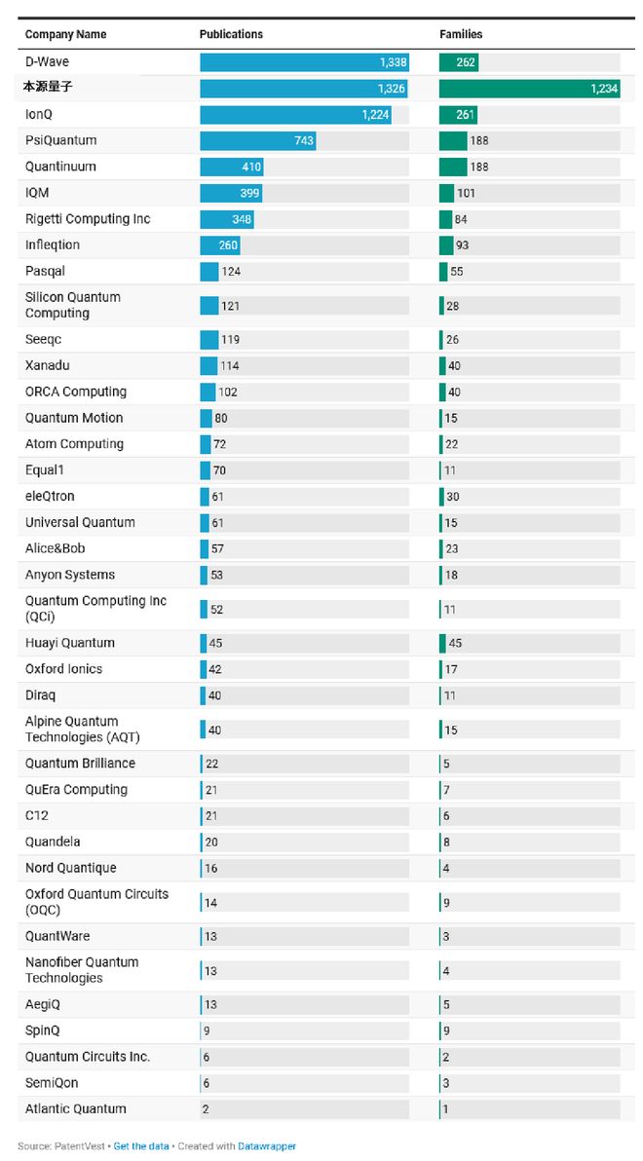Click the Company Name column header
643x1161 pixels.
[x=65, y=34]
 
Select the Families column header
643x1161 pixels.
[x=461, y=34]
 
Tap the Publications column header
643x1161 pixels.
[x=231, y=34]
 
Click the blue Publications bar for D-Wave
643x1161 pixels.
[x=304, y=62]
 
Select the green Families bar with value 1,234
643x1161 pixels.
[x=529, y=89]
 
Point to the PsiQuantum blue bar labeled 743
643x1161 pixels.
[x=257, y=141]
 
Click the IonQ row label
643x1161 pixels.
[x=38, y=115]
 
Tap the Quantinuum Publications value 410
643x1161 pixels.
[x=251, y=168]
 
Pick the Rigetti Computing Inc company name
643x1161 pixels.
[x=88, y=219]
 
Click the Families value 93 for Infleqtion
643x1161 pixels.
[x=462, y=245]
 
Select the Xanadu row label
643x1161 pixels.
[x=48, y=366]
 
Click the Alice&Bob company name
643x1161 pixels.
[x=55, y=549]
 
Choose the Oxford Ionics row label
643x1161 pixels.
[x=63, y=669]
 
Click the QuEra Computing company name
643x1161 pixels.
[x=76, y=790]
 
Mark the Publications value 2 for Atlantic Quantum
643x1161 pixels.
[x=206, y=1109]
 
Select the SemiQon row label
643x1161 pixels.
[x=52, y=1083]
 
